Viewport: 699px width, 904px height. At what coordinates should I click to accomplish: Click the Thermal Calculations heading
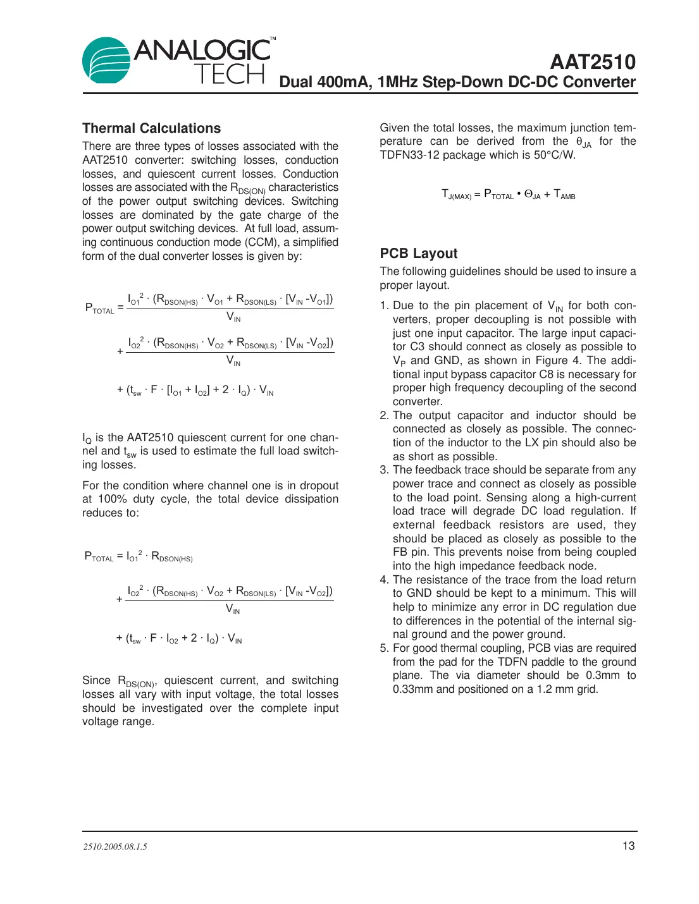[151, 128]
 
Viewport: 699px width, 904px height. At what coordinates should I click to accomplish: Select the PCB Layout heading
[418, 253]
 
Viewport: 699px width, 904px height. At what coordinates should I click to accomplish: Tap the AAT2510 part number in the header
[592, 62]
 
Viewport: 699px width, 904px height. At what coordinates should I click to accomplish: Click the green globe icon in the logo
[106, 60]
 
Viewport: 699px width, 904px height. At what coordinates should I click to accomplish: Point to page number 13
[628, 846]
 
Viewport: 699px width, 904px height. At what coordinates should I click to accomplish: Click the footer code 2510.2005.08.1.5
[115, 846]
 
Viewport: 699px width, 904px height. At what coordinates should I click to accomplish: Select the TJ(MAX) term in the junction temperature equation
[455, 195]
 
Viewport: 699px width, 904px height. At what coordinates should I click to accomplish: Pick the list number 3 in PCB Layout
[384, 470]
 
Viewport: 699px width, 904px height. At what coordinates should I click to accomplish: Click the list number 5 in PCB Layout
[384, 649]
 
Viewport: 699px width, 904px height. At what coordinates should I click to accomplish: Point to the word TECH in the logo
[229, 75]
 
